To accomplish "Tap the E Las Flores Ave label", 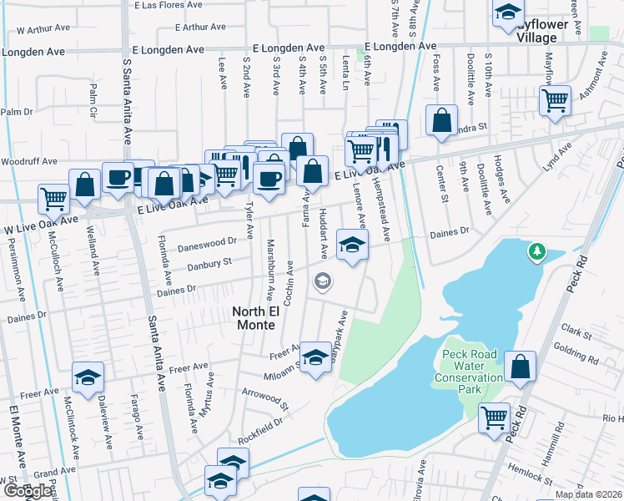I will tap(169, 5).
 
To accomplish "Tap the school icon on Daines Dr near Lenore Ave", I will tap(352, 245).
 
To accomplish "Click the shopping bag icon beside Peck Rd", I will tap(520, 366).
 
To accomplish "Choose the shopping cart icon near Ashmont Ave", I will tap(555, 100).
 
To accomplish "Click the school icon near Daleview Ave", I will tap(88, 377).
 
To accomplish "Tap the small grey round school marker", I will tap(322, 282).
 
